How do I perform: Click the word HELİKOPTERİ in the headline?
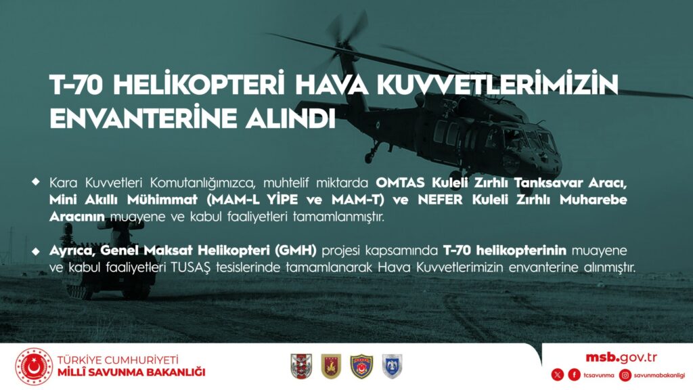pos(199,85)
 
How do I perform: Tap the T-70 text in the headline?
pos(77,85)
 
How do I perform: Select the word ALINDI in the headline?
pos(291,118)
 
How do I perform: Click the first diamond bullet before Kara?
pos(36,181)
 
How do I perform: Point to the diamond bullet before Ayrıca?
pos(36,251)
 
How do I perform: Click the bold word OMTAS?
pos(401,182)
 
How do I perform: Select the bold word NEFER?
pos(440,200)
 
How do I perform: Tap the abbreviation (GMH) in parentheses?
pos(295,251)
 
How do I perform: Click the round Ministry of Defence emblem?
pos(34,366)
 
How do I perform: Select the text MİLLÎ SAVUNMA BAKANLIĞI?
pos(132,372)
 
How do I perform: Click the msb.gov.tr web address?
pos(621,357)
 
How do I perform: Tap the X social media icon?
pos(558,375)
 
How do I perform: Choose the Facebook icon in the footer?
pos(574,375)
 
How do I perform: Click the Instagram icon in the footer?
pos(625,375)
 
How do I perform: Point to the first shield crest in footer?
pos(301,366)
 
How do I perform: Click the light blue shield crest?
pos(392,366)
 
